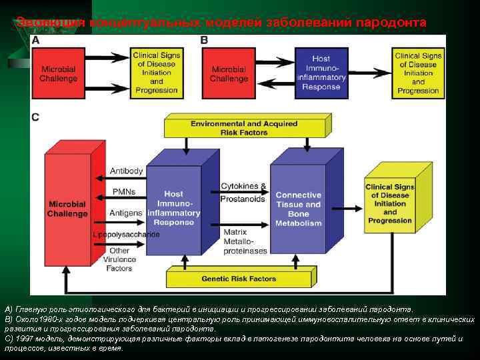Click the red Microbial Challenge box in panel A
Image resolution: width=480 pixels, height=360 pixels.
tap(59, 73)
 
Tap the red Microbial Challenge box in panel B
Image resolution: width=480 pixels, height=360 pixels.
tap(229, 73)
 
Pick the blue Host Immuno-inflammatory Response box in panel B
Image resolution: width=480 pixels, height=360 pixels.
tap(321, 73)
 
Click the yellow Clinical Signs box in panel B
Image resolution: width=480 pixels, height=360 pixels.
tap(418, 73)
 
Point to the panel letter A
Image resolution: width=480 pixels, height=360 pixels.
tap(35, 41)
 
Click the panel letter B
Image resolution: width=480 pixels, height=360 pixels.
tap(204, 41)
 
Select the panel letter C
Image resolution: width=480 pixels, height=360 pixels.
tap(35, 117)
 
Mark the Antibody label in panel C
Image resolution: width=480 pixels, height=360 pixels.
tap(126, 171)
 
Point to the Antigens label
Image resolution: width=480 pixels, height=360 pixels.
tap(125, 213)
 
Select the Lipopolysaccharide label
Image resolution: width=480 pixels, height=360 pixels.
tap(126, 235)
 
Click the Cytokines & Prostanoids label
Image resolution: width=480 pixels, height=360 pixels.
tap(243, 192)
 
